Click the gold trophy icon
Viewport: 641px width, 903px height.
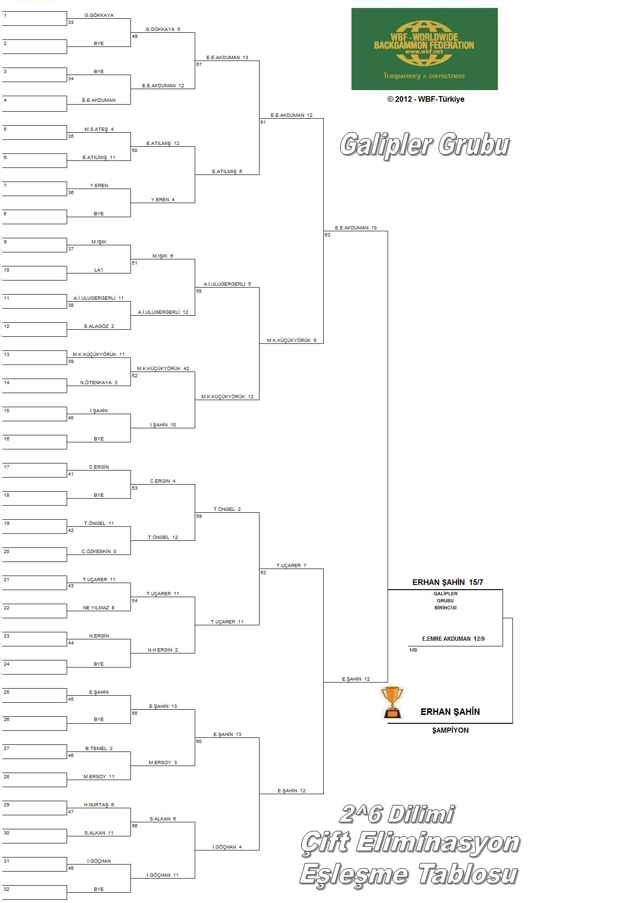point(392,702)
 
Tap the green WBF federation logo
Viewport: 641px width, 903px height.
point(424,49)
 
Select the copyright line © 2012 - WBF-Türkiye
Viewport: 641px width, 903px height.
point(426,99)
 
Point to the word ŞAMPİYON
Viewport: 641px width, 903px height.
point(450,730)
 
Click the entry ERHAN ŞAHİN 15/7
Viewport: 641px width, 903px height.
point(448,582)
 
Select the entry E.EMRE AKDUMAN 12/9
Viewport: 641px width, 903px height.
point(453,638)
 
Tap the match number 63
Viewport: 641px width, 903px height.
point(328,235)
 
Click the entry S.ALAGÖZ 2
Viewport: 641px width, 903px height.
point(99,326)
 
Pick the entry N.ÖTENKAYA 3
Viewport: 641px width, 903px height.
point(99,382)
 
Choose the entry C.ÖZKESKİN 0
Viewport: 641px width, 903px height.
point(99,551)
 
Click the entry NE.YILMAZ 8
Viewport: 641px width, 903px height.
point(99,607)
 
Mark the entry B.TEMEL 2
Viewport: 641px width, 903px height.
point(99,748)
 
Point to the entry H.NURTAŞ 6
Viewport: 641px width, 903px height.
point(99,804)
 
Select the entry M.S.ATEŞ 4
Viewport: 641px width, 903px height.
point(99,129)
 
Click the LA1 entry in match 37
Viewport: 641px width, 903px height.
point(99,270)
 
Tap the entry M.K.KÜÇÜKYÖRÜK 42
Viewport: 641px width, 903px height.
point(163,368)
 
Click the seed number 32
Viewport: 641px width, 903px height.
point(7,889)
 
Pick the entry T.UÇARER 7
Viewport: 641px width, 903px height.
point(291,565)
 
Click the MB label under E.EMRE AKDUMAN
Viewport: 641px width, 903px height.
point(413,650)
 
